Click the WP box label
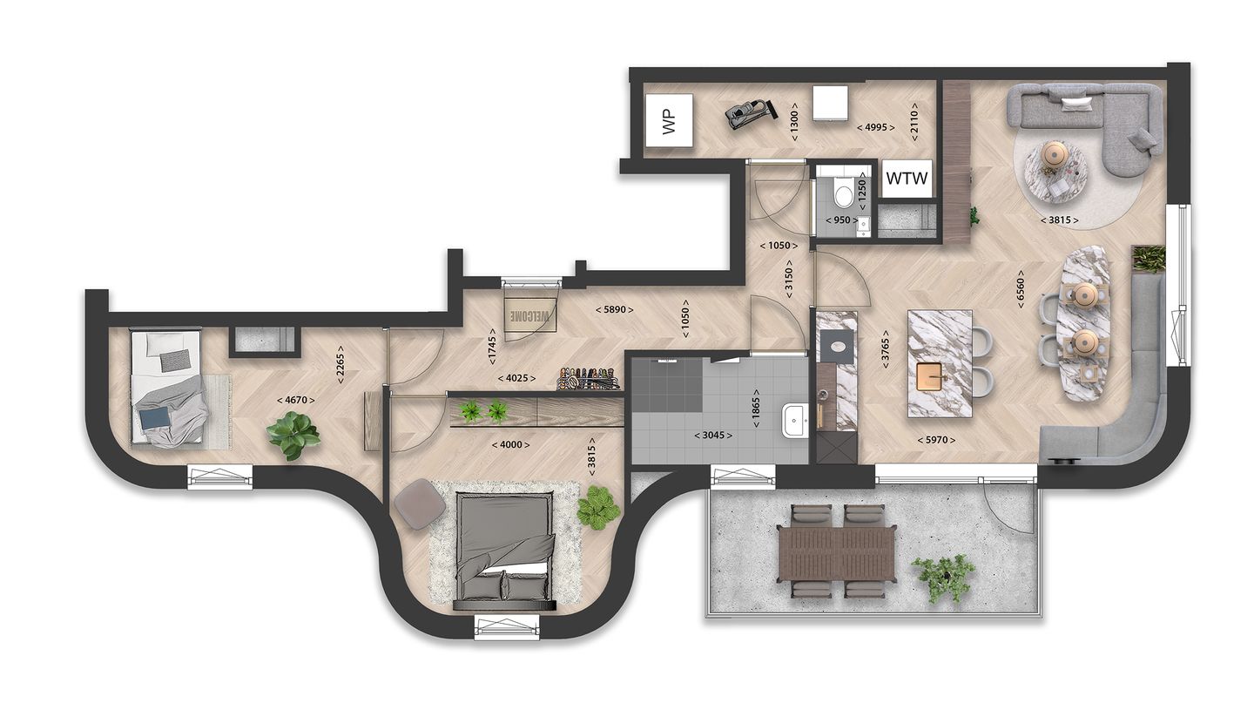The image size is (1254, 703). [670, 123]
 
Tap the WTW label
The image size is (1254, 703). [907, 181]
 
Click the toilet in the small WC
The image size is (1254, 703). [843, 193]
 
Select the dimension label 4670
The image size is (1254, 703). [296, 400]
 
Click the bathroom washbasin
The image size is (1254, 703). [795, 422]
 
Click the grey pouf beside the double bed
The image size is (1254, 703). [419, 504]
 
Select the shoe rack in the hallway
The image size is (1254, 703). [589, 380]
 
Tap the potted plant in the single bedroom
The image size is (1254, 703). [293, 434]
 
